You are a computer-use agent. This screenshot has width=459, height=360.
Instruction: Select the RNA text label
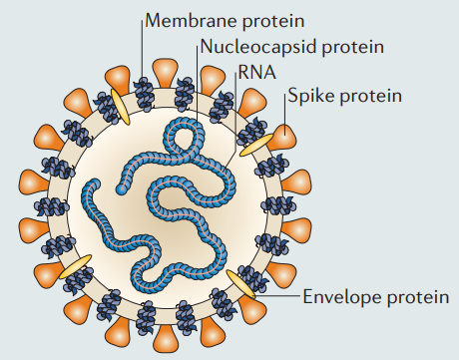pos(257,72)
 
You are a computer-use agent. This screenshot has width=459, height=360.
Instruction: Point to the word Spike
pos(311,96)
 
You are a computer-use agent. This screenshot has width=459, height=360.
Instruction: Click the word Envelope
pos(342,296)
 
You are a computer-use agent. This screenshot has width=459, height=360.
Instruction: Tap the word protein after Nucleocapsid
pos(352,47)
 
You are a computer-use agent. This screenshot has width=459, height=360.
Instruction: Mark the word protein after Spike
pos(370,96)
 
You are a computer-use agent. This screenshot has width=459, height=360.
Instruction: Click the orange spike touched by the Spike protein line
pos(282,137)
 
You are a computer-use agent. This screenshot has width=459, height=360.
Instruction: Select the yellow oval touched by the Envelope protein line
pos(241,284)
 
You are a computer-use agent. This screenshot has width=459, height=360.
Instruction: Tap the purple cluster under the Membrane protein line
pos(145,94)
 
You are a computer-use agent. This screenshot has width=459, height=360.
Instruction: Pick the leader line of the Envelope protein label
pos(278,295)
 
